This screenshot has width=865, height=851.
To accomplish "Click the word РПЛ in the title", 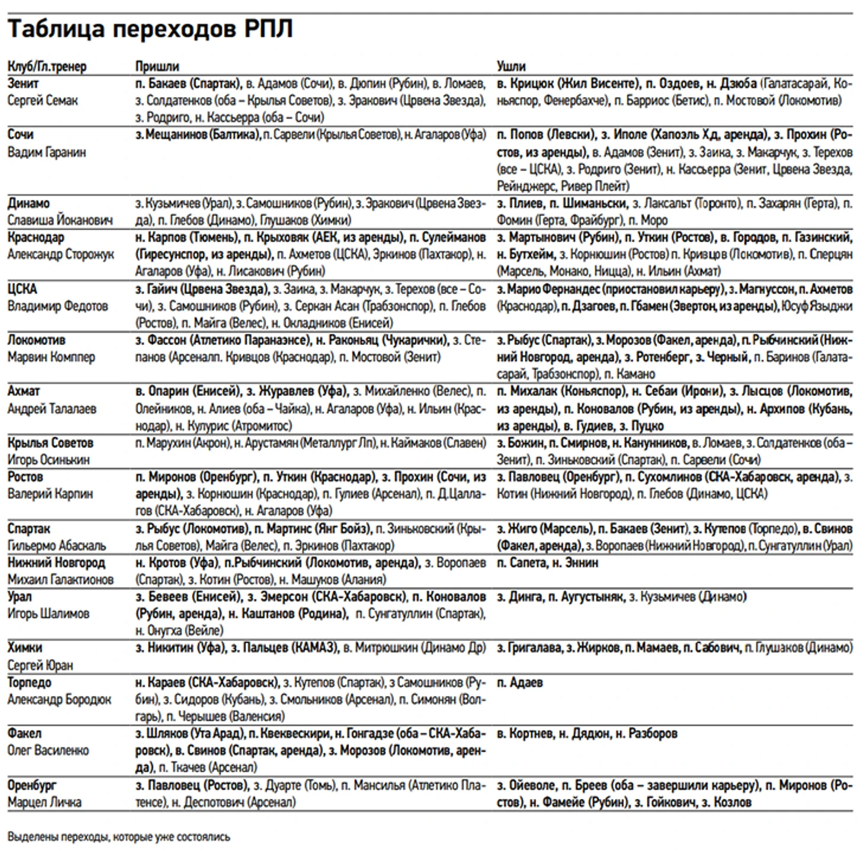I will tap(269, 30).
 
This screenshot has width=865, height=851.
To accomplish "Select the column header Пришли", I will tap(157, 66).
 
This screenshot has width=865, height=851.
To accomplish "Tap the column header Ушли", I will tap(511, 66).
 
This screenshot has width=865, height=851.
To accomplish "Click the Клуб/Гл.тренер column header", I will tap(47, 66).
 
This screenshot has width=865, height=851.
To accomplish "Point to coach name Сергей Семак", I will tap(43, 101).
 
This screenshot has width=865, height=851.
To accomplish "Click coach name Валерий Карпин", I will tap(50, 494).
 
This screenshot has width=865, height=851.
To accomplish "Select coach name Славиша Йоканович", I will tap(60, 220).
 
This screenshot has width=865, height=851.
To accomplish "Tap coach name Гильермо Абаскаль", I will tap(57, 546).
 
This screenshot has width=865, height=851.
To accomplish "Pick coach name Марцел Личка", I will tap(44, 802).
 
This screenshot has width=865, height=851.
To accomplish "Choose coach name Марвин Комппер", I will tap(51, 357).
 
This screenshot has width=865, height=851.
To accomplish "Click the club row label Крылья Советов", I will tap(50, 443).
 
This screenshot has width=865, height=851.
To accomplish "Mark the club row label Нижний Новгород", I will tap(56, 562).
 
